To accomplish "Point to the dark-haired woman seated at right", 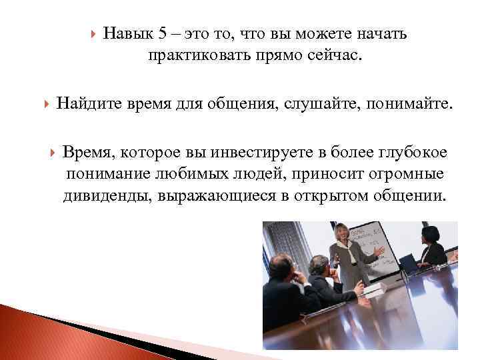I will pos(431,248).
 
